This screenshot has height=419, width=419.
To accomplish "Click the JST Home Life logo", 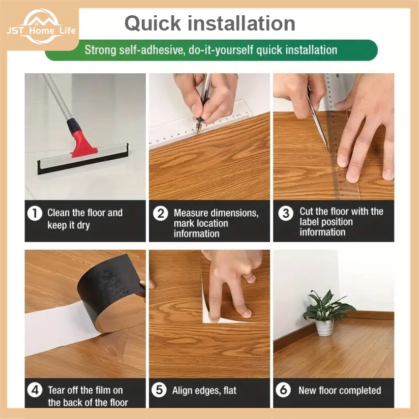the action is [41, 27].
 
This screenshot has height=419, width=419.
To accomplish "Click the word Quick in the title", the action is [153, 23].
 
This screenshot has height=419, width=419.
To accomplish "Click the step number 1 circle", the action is [35, 213].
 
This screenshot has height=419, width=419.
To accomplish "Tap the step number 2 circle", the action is [161, 213].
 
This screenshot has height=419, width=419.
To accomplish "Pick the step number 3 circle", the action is [286, 213].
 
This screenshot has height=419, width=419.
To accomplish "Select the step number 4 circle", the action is [35, 390].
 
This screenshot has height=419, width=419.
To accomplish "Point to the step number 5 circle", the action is [159, 390].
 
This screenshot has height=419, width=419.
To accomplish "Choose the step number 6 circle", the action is [283, 390].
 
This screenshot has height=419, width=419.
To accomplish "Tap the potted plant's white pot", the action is [324, 327].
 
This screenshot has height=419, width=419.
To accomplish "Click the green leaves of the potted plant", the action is [328, 306].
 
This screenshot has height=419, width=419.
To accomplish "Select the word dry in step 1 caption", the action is [83, 225].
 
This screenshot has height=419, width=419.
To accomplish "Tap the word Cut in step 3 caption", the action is [307, 212].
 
